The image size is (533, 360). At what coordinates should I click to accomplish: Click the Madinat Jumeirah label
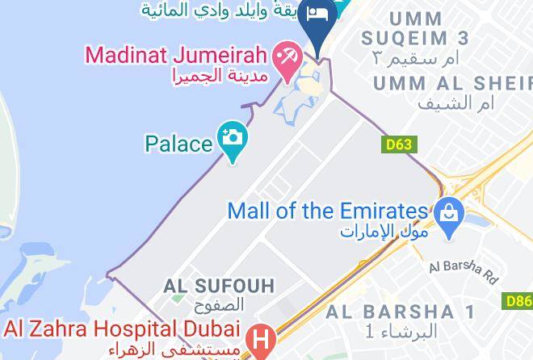tap(176, 57)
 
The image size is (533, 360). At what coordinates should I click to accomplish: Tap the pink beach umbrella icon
tap(285, 58)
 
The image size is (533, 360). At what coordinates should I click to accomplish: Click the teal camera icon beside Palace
tap(233, 137)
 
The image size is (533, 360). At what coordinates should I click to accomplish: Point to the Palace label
tap(178, 144)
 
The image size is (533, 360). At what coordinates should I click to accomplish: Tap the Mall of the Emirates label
tap(327, 211)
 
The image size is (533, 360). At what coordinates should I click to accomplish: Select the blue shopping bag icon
tap(446, 213)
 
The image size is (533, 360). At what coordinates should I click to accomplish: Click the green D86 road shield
tap(520, 301)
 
